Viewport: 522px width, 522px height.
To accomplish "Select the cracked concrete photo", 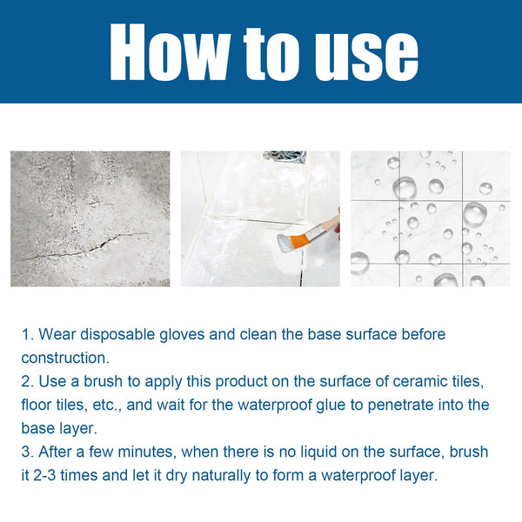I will [90, 218].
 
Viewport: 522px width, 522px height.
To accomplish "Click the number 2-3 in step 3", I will [50, 476].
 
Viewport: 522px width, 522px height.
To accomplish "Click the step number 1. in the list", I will [27, 334].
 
